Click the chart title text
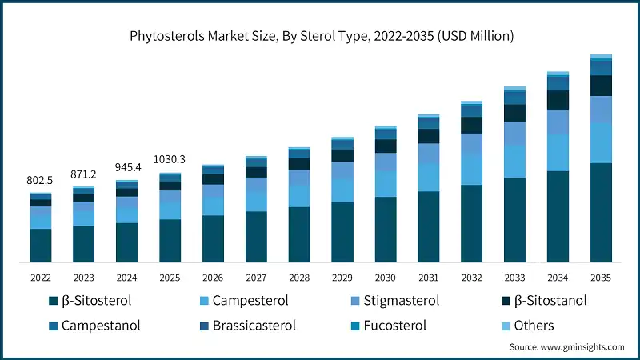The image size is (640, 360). tap(320, 36)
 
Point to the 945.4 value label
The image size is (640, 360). tap(126, 167)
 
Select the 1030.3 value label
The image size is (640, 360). tap(170, 160)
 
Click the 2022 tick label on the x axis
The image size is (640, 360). tap(41, 277)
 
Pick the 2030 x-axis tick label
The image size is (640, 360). tap(386, 277)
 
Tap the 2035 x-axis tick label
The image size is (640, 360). tap(601, 277)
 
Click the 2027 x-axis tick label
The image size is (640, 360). tap(256, 277)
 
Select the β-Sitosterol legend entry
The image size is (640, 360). tap(88, 302)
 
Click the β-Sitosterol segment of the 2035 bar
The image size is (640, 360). tap(601, 212)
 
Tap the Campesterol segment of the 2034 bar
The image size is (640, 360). tap(558, 153)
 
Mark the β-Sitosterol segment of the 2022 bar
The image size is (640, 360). tap(41, 245)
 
